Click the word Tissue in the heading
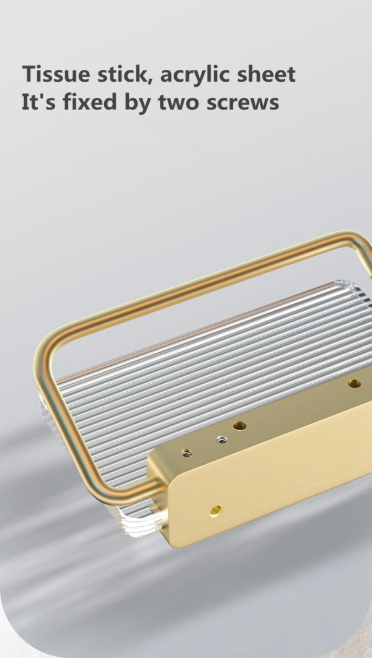(56, 74)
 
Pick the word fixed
(90, 102)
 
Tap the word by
(138, 104)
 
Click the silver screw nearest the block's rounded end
(187, 453)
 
